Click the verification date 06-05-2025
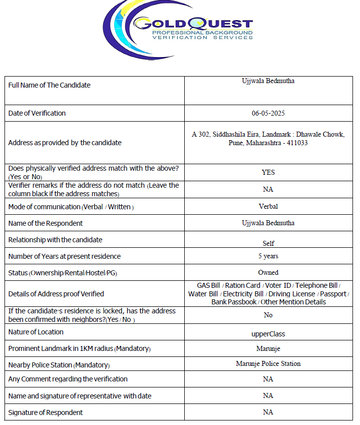point(268,113)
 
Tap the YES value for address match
point(268,172)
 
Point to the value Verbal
point(268,206)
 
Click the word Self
point(268,243)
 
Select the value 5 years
point(268,256)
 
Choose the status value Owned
point(268,272)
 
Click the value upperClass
point(268,333)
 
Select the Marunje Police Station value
point(268,363)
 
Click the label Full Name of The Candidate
point(50,85)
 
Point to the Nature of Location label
point(36,332)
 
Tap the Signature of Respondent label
point(46,412)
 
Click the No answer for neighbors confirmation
point(268,315)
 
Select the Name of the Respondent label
point(46,223)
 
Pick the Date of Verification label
point(37,113)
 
